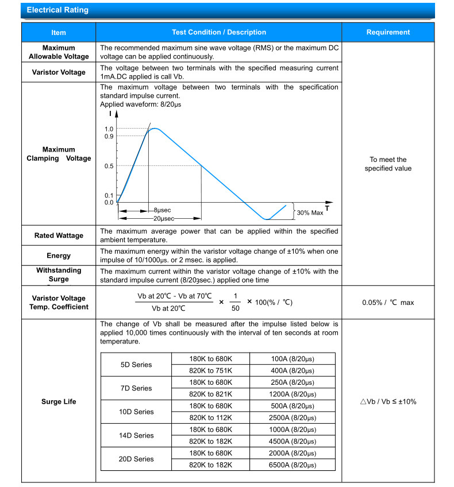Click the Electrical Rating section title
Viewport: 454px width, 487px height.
57,10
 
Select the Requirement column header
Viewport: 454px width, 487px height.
388,32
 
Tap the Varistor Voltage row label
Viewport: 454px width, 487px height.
59,72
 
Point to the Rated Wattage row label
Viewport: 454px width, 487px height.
59,235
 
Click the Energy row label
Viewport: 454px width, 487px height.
59,256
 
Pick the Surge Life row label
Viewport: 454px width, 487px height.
59,401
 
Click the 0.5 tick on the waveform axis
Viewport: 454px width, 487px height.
109,166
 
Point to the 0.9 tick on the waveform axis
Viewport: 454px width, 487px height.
109,136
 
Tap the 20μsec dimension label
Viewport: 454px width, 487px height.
164,219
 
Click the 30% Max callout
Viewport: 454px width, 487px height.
310,213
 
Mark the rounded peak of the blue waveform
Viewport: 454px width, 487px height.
154,129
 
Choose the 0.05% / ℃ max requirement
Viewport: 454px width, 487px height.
388,303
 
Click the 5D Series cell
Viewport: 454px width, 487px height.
136,365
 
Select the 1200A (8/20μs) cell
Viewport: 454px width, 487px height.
293,394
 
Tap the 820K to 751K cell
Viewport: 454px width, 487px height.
210,370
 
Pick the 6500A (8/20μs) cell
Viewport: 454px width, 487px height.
293,465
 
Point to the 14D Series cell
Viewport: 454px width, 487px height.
136,435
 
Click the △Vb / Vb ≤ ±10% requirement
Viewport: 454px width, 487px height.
388,401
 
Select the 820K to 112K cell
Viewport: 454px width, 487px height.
210,418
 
